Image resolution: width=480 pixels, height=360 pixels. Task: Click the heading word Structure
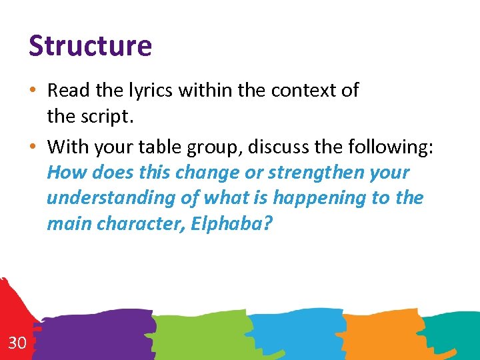coord(90,46)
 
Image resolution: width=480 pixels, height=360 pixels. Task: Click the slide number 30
coord(17,343)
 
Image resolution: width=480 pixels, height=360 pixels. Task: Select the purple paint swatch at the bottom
coord(100,333)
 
